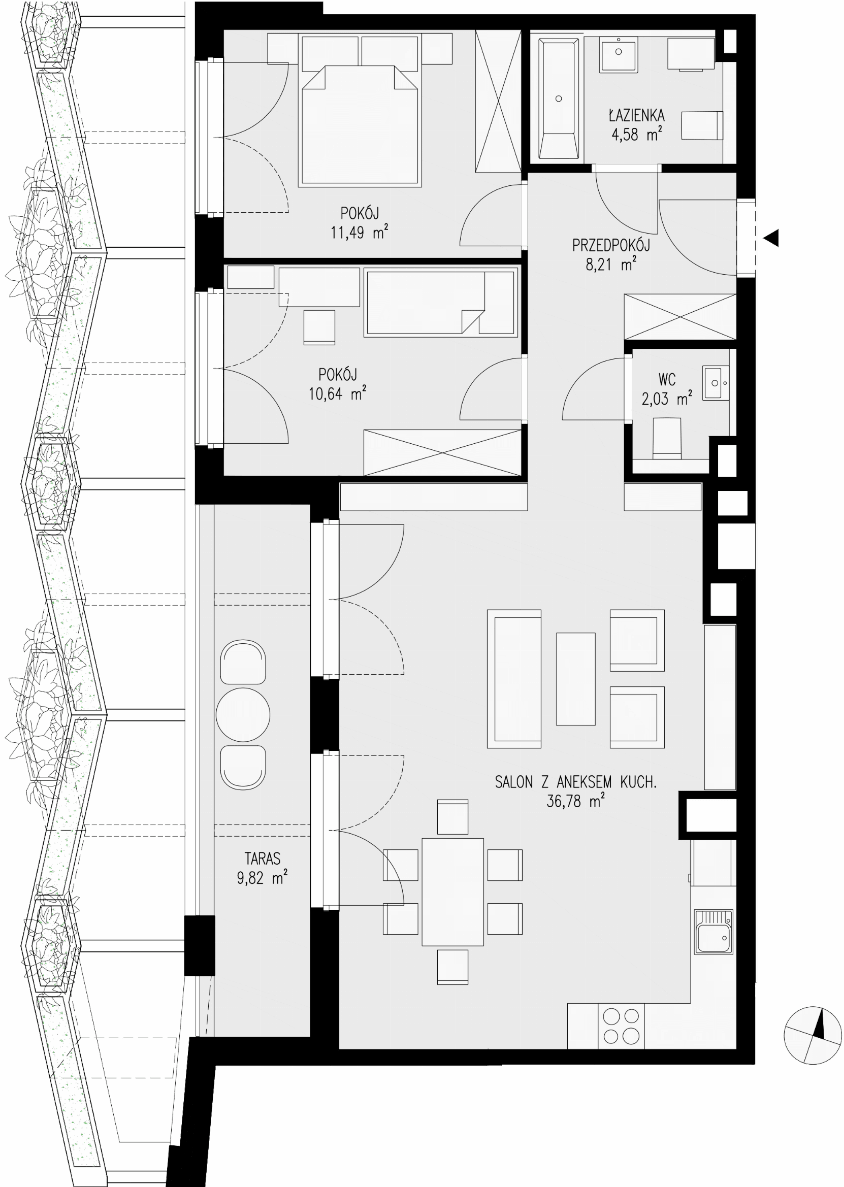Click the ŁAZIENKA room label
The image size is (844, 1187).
[636, 115]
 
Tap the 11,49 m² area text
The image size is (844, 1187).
[359, 232]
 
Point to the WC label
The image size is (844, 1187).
[667, 380]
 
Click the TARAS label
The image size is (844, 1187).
[263, 859]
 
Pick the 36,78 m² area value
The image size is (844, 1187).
[575, 801]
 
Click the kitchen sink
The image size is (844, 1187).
[713, 932]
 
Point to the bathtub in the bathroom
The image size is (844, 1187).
[559, 98]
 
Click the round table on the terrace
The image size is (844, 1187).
[243, 715]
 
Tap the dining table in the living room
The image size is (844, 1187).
[452, 892]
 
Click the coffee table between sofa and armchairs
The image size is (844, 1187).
[575, 679]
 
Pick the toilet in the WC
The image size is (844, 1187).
[667, 439]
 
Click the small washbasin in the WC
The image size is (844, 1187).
[716, 383]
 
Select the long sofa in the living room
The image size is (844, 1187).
[514, 679]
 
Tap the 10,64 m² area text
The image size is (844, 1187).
[337, 393]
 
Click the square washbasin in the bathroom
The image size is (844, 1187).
[619, 54]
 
